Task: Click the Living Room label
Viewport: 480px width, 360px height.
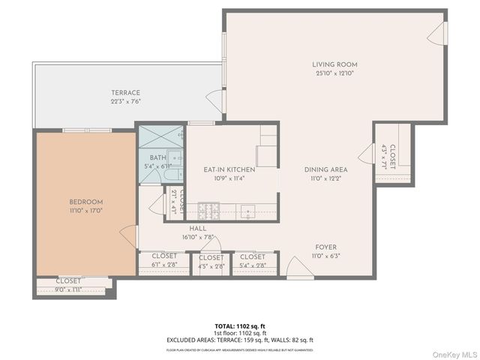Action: [334, 64]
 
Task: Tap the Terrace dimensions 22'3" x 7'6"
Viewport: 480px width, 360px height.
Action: [126, 102]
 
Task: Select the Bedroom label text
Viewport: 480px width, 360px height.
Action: [86, 202]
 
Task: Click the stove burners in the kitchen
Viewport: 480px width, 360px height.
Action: [208, 208]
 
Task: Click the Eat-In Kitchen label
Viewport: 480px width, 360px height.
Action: [229, 169]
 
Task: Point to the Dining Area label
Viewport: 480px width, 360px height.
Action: [325, 169]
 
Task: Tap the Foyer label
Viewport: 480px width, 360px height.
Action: [325, 247]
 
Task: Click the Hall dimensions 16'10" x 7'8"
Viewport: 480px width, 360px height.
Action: [198, 238]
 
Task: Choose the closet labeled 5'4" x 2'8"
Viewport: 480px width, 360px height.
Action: [252, 265]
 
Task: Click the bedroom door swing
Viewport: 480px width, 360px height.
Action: [129, 237]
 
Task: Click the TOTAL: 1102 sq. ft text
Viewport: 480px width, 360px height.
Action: [240, 326]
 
